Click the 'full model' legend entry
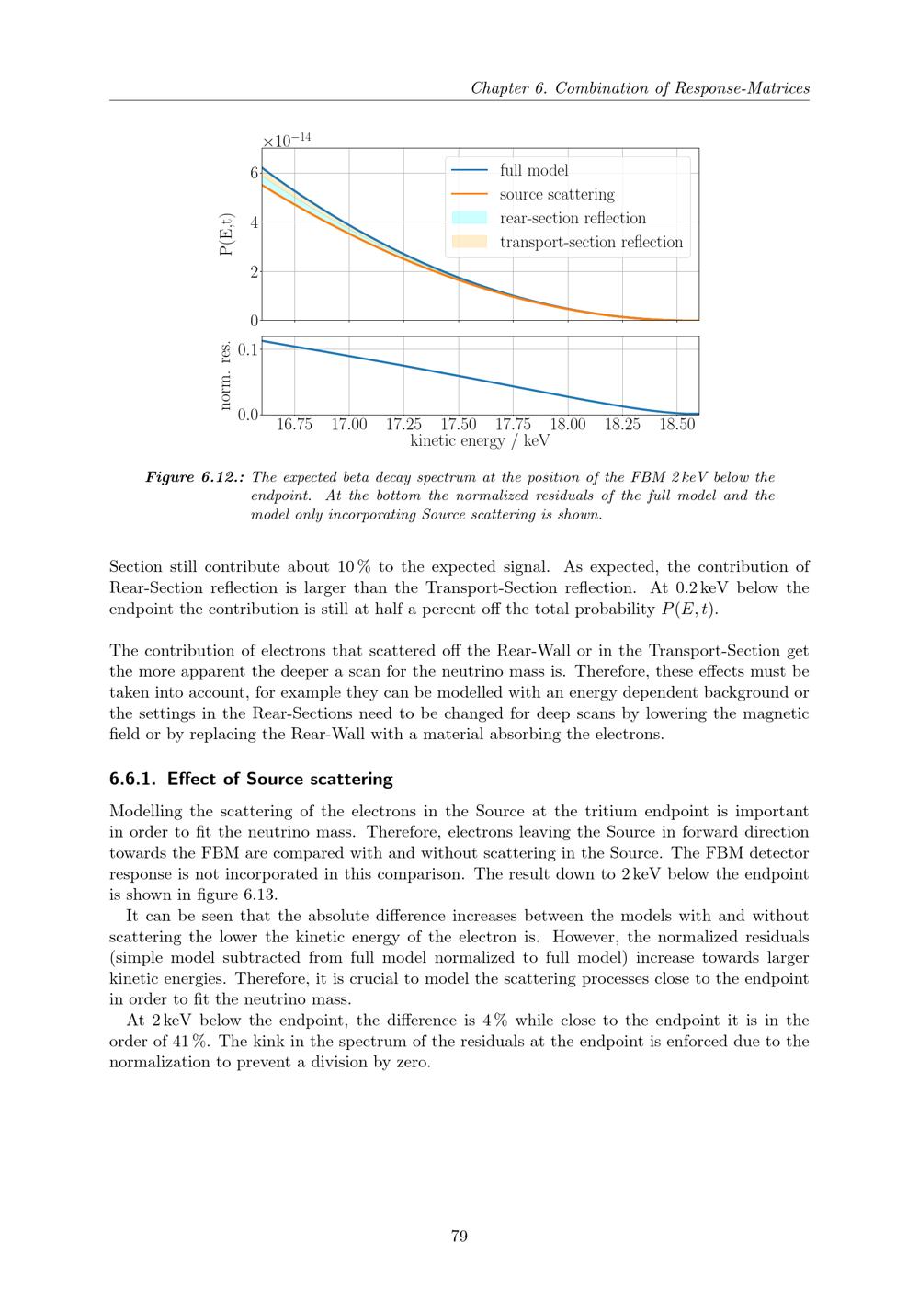534,170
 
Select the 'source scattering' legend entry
557,194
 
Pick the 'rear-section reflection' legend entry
573,218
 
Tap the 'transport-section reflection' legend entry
591,242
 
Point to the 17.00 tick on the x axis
349,424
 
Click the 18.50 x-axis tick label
677,424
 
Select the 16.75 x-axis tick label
294,424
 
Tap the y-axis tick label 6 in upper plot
254,173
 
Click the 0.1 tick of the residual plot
248,349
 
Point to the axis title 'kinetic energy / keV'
480,441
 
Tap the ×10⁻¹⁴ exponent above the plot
287,141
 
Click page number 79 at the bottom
459,1236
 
